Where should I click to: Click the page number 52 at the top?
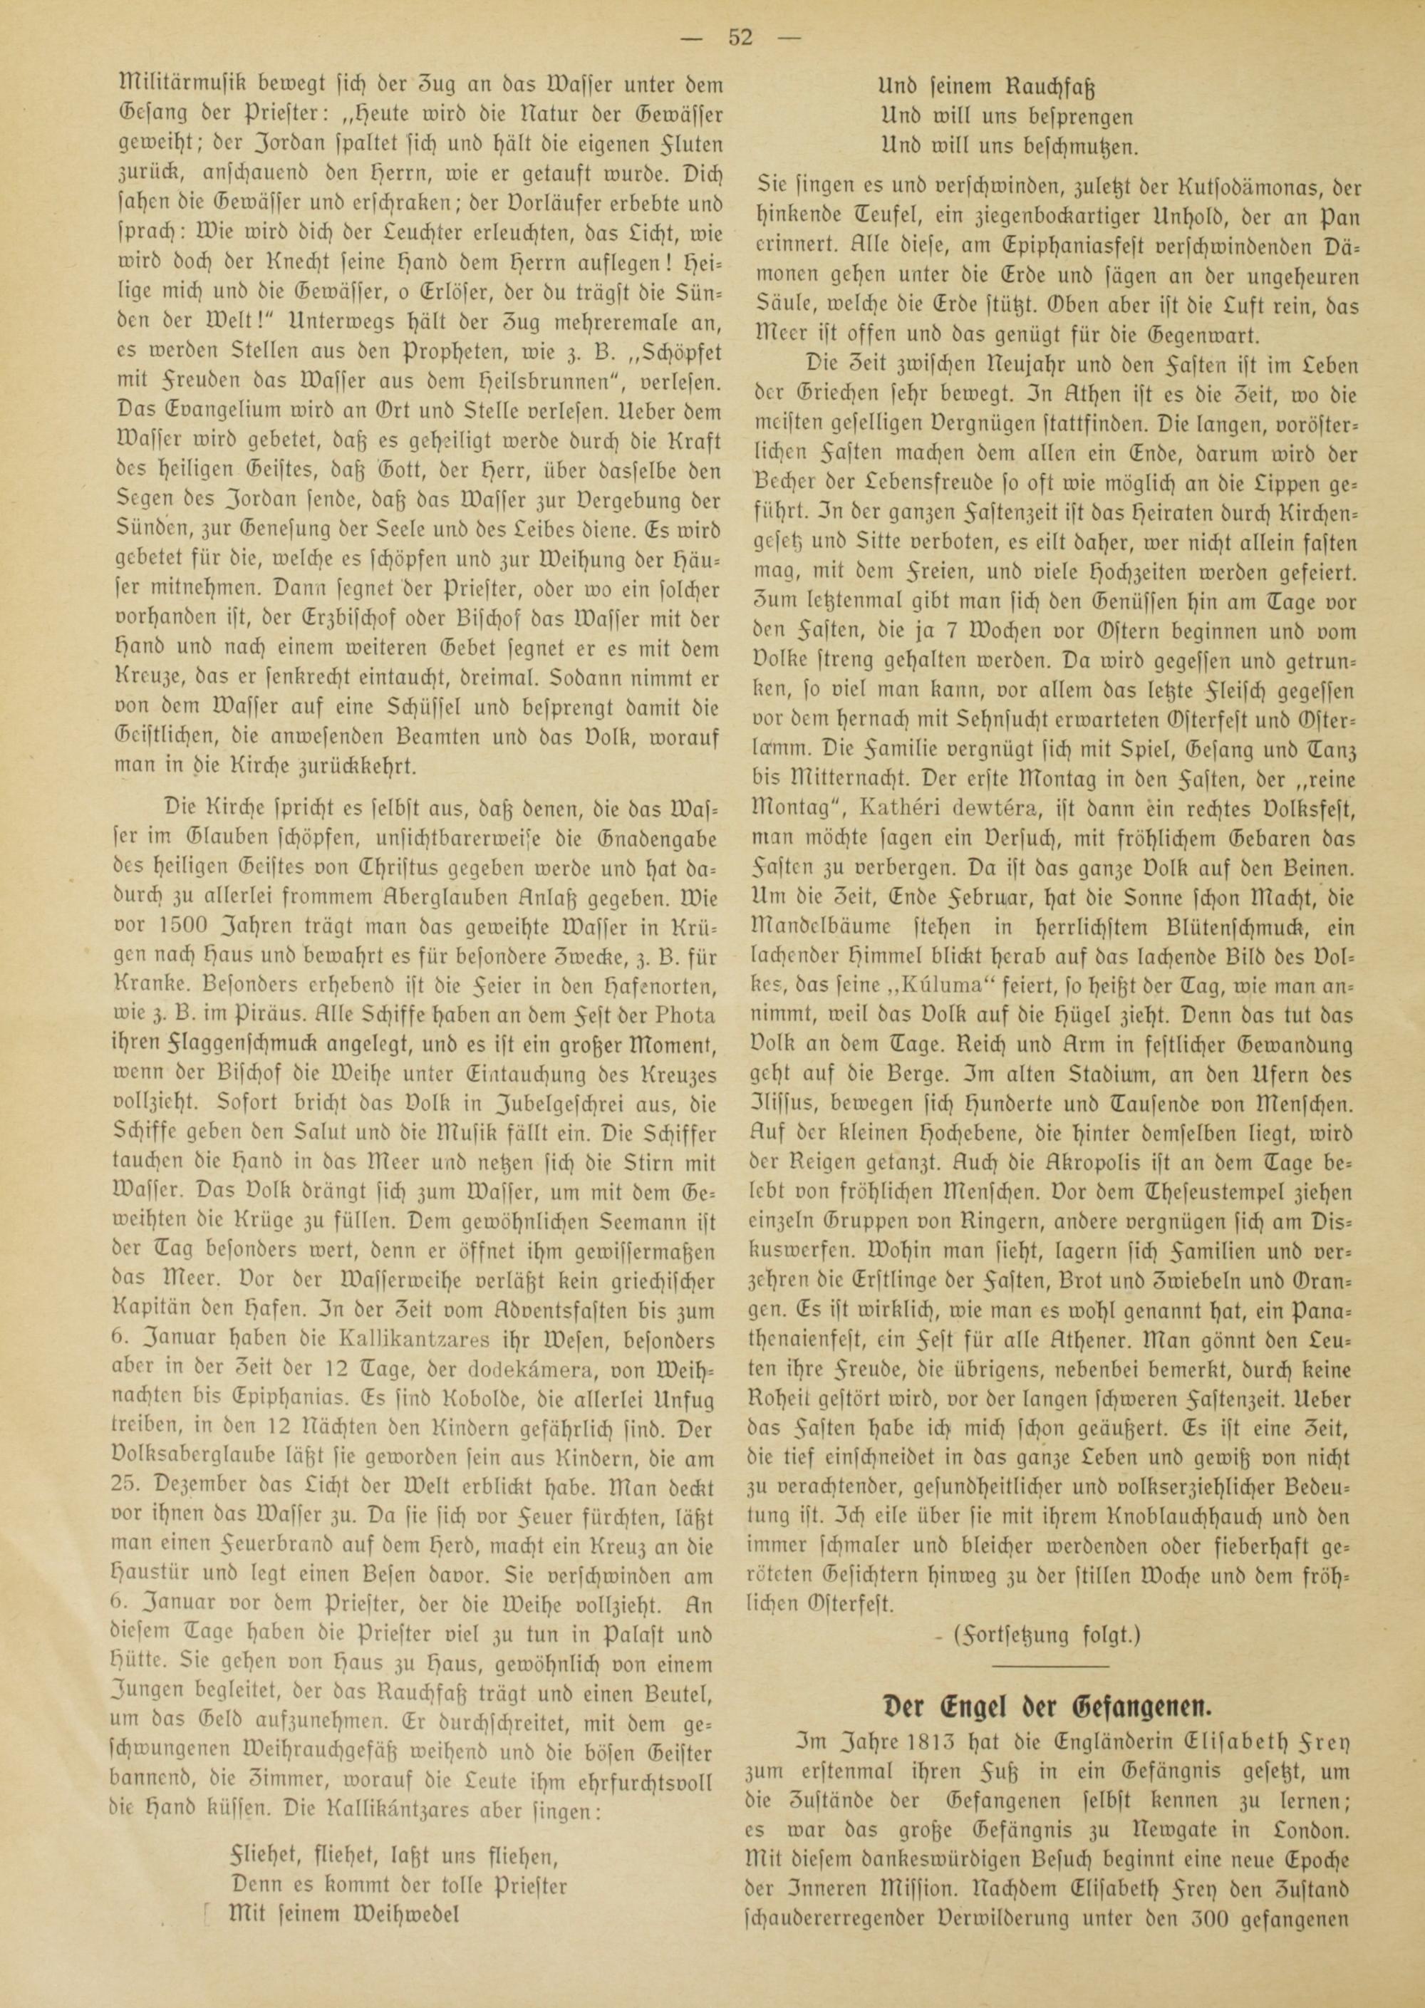click(740, 38)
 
